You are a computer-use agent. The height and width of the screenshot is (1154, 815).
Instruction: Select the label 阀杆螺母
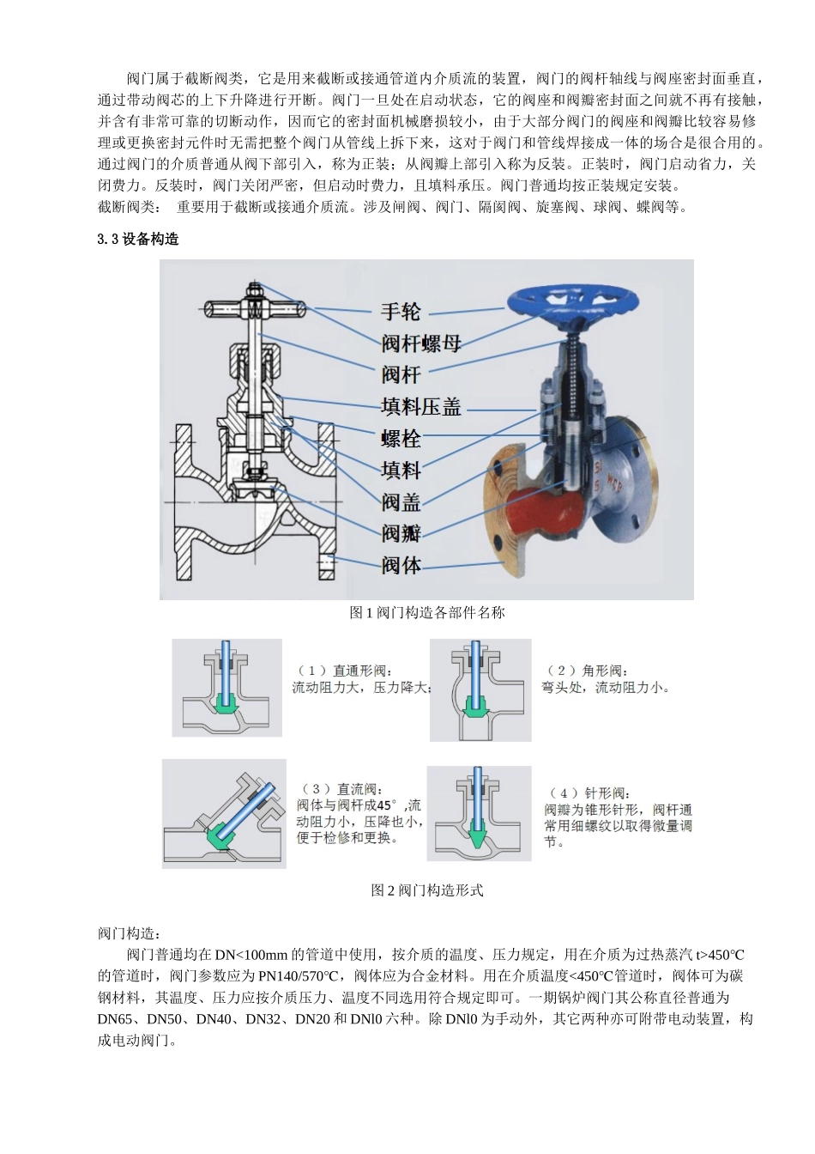(x=420, y=343)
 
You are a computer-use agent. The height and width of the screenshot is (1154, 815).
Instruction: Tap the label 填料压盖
(x=420, y=406)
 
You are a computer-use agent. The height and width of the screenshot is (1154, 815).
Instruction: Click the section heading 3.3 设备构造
(x=138, y=240)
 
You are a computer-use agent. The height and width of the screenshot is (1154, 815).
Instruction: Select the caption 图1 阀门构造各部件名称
(x=426, y=613)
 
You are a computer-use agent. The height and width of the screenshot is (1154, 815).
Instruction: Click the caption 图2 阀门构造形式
(x=426, y=890)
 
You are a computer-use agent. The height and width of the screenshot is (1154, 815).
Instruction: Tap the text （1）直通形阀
(x=344, y=670)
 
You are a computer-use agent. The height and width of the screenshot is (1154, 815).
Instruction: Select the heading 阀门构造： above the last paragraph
(x=130, y=933)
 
